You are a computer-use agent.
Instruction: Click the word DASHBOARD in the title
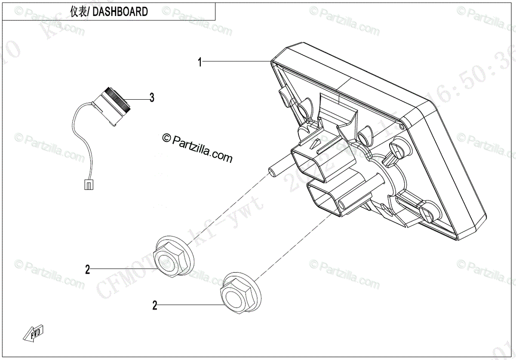120,12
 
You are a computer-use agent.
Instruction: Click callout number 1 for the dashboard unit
200,62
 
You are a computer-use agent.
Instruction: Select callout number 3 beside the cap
151,98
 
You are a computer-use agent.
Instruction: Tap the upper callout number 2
88,270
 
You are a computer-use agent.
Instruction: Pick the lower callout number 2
155,306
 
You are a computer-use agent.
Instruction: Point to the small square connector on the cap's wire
88,185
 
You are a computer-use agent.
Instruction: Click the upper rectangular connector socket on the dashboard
306,159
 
